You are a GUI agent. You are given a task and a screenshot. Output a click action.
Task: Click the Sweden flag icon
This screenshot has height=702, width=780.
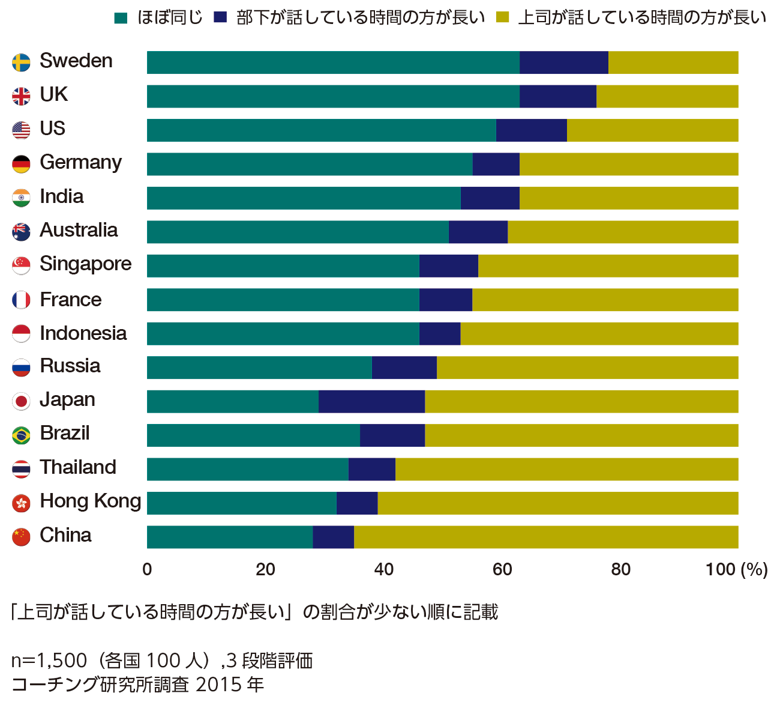click(21, 62)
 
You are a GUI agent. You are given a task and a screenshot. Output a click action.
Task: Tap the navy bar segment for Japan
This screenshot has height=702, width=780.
click(371, 401)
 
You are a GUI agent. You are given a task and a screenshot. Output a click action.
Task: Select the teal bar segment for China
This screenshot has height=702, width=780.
click(230, 537)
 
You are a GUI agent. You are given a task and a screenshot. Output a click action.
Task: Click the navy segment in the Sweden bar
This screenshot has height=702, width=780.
click(563, 62)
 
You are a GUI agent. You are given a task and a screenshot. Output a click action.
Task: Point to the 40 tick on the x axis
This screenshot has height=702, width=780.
click(383, 569)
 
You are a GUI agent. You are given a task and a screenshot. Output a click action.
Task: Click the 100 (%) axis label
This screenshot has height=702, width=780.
click(736, 569)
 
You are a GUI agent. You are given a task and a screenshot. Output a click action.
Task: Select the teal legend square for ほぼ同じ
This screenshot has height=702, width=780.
click(121, 18)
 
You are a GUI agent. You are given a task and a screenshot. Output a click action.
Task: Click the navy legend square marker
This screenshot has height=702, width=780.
click(221, 18)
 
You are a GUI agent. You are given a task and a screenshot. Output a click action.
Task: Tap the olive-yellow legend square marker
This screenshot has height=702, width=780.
click(503, 18)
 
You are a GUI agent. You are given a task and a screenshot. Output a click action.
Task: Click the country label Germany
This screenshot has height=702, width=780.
click(80, 163)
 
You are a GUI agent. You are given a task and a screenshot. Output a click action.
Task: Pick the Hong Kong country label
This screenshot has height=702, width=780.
click(90, 501)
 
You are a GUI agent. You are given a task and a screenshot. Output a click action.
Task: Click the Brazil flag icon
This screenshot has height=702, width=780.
click(21, 435)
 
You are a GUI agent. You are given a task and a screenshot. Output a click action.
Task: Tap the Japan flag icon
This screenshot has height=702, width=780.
click(21, 401)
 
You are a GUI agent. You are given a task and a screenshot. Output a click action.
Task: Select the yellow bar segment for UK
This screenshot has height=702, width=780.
click(667, 96)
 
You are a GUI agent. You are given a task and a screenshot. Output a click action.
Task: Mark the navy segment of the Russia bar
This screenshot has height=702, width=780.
click(404, 368)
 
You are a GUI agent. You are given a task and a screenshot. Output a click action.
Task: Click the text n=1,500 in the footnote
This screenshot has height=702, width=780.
click(49, 661)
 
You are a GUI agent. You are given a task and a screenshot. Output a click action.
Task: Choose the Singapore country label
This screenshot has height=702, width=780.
click(85, 264)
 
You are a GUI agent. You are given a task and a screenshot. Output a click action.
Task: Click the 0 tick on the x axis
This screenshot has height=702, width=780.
click(147, 569)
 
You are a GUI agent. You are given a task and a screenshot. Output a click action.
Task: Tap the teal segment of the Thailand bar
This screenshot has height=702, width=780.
click(247, 469)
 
